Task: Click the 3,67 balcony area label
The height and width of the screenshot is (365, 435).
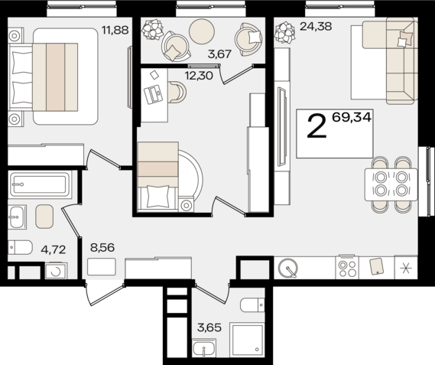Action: [x=201, y=54]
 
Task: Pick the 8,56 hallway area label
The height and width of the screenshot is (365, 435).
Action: [x=104, y=249]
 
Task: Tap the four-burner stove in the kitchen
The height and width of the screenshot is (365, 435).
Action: [x=348, y=268]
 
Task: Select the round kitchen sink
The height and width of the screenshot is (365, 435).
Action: [x=288, y=268]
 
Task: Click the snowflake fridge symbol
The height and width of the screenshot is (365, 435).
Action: [x=405, y=268]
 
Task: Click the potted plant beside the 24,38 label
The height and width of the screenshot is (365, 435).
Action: [x=285, y=33]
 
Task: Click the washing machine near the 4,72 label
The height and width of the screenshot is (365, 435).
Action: [x=55, y=271]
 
